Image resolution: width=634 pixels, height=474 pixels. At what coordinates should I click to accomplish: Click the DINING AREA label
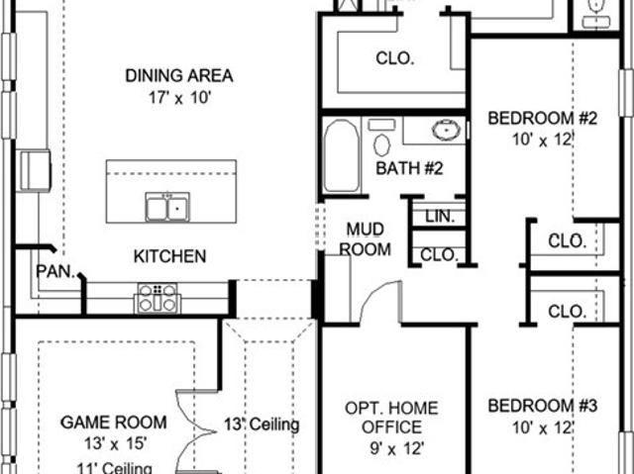click(x=179, y=76)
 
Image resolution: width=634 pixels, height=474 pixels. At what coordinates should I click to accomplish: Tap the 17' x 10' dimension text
click(x=180, y=98)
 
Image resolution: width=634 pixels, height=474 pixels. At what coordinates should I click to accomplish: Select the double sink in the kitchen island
click(x=167, y=207)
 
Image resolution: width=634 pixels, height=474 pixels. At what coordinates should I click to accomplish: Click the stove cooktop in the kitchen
click(x=158, y=299)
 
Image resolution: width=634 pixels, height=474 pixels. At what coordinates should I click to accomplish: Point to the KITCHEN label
click(x=169, y=256)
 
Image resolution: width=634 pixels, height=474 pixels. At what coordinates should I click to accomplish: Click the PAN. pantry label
click(x=55, y=271)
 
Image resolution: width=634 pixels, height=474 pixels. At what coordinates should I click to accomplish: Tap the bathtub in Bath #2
click(x=342, y=155)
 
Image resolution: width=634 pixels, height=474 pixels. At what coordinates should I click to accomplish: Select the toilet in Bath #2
click(x=381, y=139)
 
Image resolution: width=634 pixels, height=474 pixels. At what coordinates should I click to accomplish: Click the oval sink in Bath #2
click(x=446, y=130)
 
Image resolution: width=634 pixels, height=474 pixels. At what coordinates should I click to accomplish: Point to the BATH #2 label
click(x=409, y=168)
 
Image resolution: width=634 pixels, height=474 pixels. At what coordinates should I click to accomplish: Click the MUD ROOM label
click(x=366, y=239)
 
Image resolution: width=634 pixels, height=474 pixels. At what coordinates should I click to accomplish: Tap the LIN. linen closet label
click(x=440, y=217)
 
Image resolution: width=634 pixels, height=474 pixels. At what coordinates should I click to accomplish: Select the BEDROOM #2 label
click(x=542, y=119)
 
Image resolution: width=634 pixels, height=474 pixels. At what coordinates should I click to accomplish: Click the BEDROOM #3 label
click(x=542, y=406)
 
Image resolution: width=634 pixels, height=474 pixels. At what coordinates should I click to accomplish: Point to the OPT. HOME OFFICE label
click(x=391, y=418)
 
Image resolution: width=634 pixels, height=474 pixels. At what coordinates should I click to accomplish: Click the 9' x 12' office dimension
click(x=397, y=448)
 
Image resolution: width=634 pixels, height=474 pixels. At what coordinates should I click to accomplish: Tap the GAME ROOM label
click(x=114, y=423)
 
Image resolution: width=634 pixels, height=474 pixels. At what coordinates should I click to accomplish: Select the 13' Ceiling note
click(x=262, y=425)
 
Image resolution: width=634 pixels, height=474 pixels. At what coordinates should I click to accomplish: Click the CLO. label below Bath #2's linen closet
click(x=440, y=255)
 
